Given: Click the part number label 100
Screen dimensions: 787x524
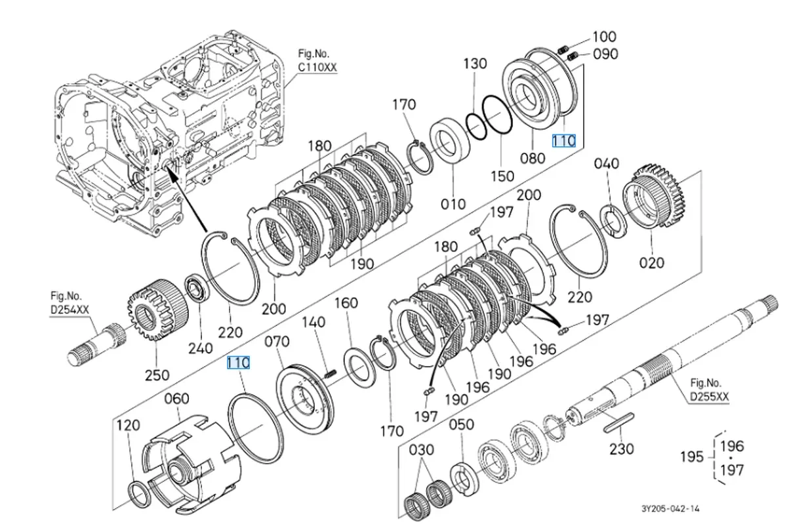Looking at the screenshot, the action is [x=604, y=37].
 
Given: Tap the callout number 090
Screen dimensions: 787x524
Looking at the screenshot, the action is [x=605, y=54].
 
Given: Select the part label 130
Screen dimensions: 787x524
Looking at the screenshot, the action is [x=475, y=64].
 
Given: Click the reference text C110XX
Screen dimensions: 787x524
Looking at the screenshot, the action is [x=317, y=67].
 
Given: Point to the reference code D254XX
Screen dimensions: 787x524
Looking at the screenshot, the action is [x=70, y=310].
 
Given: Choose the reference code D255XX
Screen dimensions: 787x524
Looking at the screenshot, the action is [x=710, y=396].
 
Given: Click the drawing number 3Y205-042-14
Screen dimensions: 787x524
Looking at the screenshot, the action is [x=670, y=508].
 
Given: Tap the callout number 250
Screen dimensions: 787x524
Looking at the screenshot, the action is [x=157, y=375].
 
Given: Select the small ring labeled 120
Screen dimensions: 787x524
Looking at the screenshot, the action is [x=140, y=495].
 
